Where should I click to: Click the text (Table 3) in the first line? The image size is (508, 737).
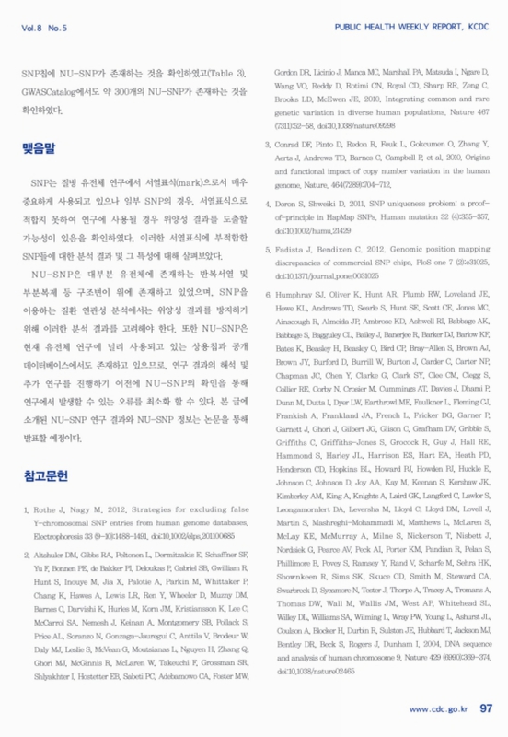pos(228,73)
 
